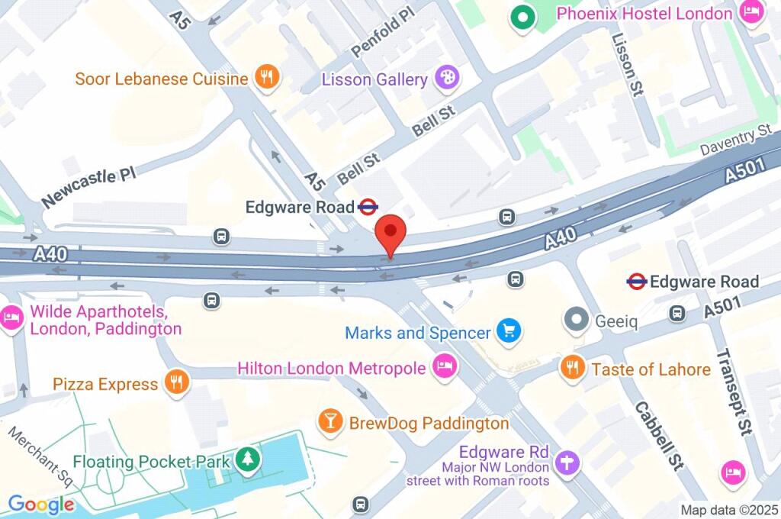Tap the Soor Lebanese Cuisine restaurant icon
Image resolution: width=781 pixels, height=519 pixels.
tap(267, 77)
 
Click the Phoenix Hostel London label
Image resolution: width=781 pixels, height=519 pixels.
tap(644, 14)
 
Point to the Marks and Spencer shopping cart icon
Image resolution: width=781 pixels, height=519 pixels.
tap(508, 331)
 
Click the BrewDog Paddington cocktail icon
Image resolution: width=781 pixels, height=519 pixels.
tap(330, 421)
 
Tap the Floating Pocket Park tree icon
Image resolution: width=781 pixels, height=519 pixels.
tap(248, 460)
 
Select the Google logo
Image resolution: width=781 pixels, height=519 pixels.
tap(41, 504)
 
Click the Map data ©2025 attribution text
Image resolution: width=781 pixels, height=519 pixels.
tap(728, 509)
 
